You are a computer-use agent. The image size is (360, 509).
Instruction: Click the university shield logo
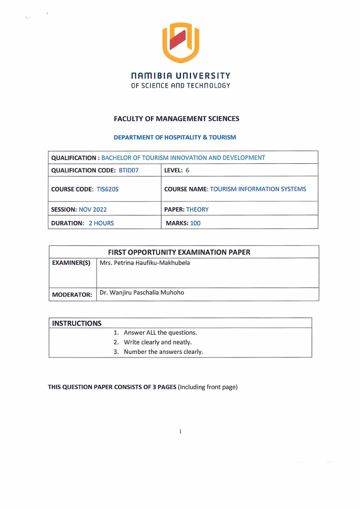pos(180,43)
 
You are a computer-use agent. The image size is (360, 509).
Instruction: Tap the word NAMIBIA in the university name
pos(149,76)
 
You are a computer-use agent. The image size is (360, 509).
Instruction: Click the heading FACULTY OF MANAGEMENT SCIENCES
pos(176,119)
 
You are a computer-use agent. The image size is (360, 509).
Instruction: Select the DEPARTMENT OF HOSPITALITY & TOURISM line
pos(175,137)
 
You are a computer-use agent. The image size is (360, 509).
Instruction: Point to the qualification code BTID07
pos(128,171)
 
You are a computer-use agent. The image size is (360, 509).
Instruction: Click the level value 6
pos(187,171)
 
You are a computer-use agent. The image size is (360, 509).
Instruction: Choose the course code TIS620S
pos(107,189)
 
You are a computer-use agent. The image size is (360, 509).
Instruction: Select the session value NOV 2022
pos(93,210)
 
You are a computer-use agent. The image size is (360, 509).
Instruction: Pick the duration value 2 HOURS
pos(101,223)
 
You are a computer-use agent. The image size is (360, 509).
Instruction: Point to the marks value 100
pos(195,223)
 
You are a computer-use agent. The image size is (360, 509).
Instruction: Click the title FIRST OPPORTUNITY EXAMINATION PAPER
pos(179,252)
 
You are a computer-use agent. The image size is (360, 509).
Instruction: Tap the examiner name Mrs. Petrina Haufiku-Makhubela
pos(145,263)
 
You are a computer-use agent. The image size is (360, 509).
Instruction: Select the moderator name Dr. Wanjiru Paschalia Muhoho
pos(142,293)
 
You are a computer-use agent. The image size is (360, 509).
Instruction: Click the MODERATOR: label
pos(72,294)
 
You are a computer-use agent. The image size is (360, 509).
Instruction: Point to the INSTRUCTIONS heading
pos(77,323)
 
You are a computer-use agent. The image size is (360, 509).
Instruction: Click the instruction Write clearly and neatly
pos(157,342)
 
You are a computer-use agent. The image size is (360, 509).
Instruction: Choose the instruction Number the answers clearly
pos(163,352)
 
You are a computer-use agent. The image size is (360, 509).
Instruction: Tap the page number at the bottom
pos(180,431)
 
